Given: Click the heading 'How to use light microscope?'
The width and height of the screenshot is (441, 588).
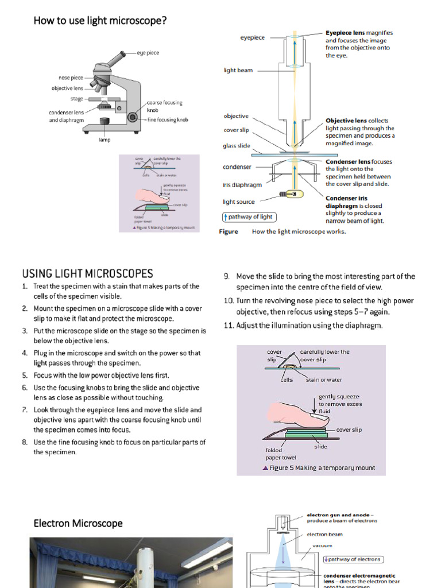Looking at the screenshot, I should [x=100, y=21].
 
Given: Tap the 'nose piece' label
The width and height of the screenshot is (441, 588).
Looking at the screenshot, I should [x=71, y=78].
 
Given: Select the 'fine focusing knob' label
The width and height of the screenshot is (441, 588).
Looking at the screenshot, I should [x=168, y=119].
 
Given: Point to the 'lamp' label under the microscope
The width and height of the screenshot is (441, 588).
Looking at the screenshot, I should [x=104, y=140].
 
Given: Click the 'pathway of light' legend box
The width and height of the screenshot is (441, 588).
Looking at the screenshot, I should [x=248, y=216].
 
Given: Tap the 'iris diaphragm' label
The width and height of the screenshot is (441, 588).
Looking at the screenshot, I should [x=242, y=185].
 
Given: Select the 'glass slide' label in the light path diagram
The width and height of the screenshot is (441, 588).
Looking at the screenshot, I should [x=236, y=146].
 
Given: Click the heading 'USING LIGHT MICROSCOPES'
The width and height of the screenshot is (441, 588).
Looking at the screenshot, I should [x=87, y=273].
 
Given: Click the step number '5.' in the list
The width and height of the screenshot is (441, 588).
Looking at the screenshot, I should [x=25, y=375].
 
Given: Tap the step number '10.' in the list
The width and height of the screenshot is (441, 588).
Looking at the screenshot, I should [x=228, y=301].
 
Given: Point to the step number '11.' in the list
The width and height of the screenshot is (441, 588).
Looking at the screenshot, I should [x=228, y=326].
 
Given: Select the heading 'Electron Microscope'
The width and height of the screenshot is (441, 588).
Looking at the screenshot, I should [x=78, y=523].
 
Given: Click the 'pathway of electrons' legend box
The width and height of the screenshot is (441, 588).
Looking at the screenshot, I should [x=353, y=559].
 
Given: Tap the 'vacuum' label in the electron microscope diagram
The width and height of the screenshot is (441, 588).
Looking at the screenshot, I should [x=322, y=546].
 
